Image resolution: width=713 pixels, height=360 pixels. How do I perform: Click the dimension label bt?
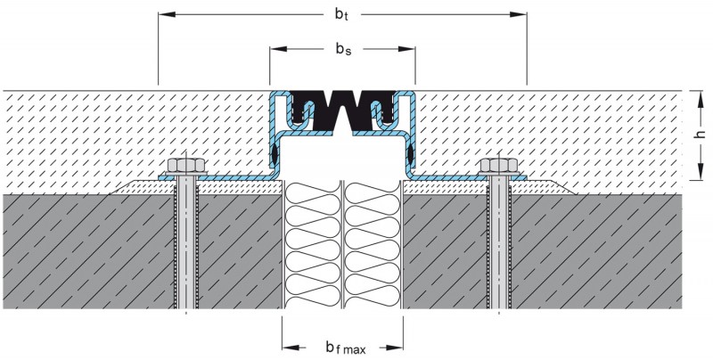point(341,15)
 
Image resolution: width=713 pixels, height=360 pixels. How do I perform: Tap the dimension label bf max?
point(343,346)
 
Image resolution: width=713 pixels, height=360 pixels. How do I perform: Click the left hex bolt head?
point(185,167)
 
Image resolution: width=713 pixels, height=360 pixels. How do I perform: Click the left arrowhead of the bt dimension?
point(163,15)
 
